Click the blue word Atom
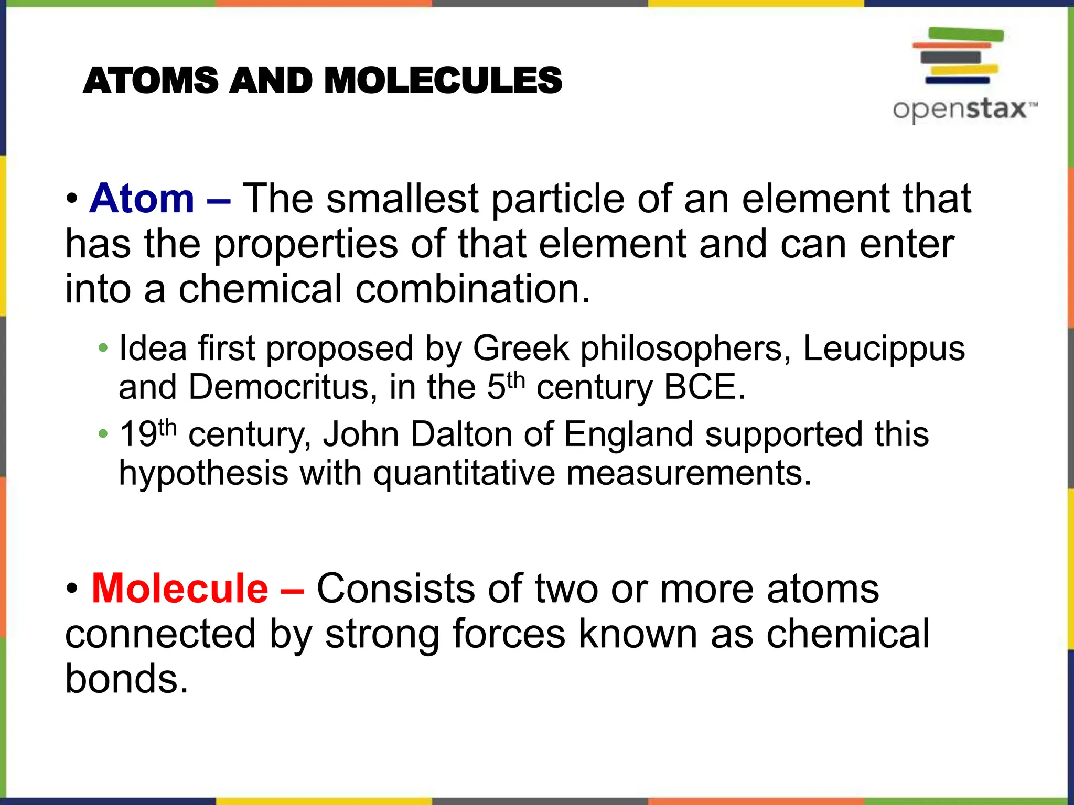click(x=142, y=199)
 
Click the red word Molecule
click(x=180, y=589)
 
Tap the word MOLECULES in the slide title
click(x=443, y=81)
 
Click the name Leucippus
click(x=884, y=349)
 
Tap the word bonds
click(x=126, y=679)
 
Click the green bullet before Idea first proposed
click(x=103, y=348)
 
